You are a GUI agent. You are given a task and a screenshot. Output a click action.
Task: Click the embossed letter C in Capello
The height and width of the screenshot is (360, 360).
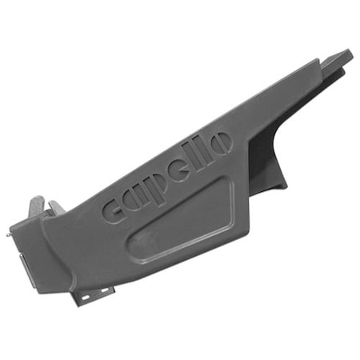tap(114, 209)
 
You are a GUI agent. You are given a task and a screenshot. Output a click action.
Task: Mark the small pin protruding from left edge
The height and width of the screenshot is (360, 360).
tap(10, 235)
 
